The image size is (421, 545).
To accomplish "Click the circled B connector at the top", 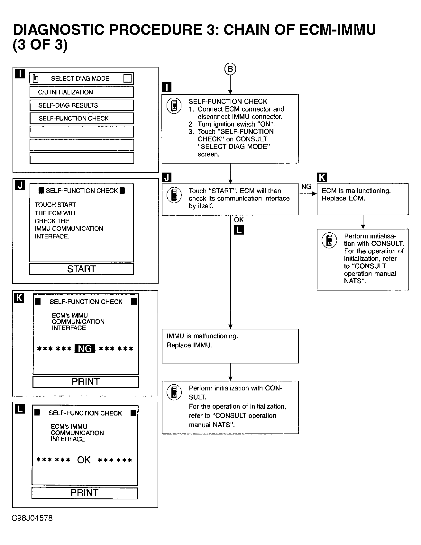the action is click(x=230, y=69).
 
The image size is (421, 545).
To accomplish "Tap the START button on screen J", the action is click(x=81, y=269).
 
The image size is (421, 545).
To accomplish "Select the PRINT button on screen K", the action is click(x=86, y=382).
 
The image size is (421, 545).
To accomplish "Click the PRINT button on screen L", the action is click(x=84, y=493).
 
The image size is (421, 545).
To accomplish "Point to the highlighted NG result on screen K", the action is click(x=85, y=349).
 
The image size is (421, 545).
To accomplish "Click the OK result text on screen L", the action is click(x=84, y=460).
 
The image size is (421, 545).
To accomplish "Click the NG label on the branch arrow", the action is click(x=306, y=187).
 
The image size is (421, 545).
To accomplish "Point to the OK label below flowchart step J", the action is click(x=239, y=220).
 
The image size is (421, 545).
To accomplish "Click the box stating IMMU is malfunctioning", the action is click(x=230, y=346).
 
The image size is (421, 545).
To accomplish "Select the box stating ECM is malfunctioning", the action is click(x=363, y=199).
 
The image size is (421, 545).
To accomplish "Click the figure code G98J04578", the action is click(x=32, y=518).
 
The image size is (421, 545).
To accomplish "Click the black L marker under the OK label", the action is click(x=239, y=230).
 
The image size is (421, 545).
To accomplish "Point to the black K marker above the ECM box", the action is click(x=322, y=177).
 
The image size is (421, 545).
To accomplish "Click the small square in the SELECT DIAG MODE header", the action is click(x=127, y=78).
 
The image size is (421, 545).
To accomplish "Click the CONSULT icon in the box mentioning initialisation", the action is click(x=329, y=241).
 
